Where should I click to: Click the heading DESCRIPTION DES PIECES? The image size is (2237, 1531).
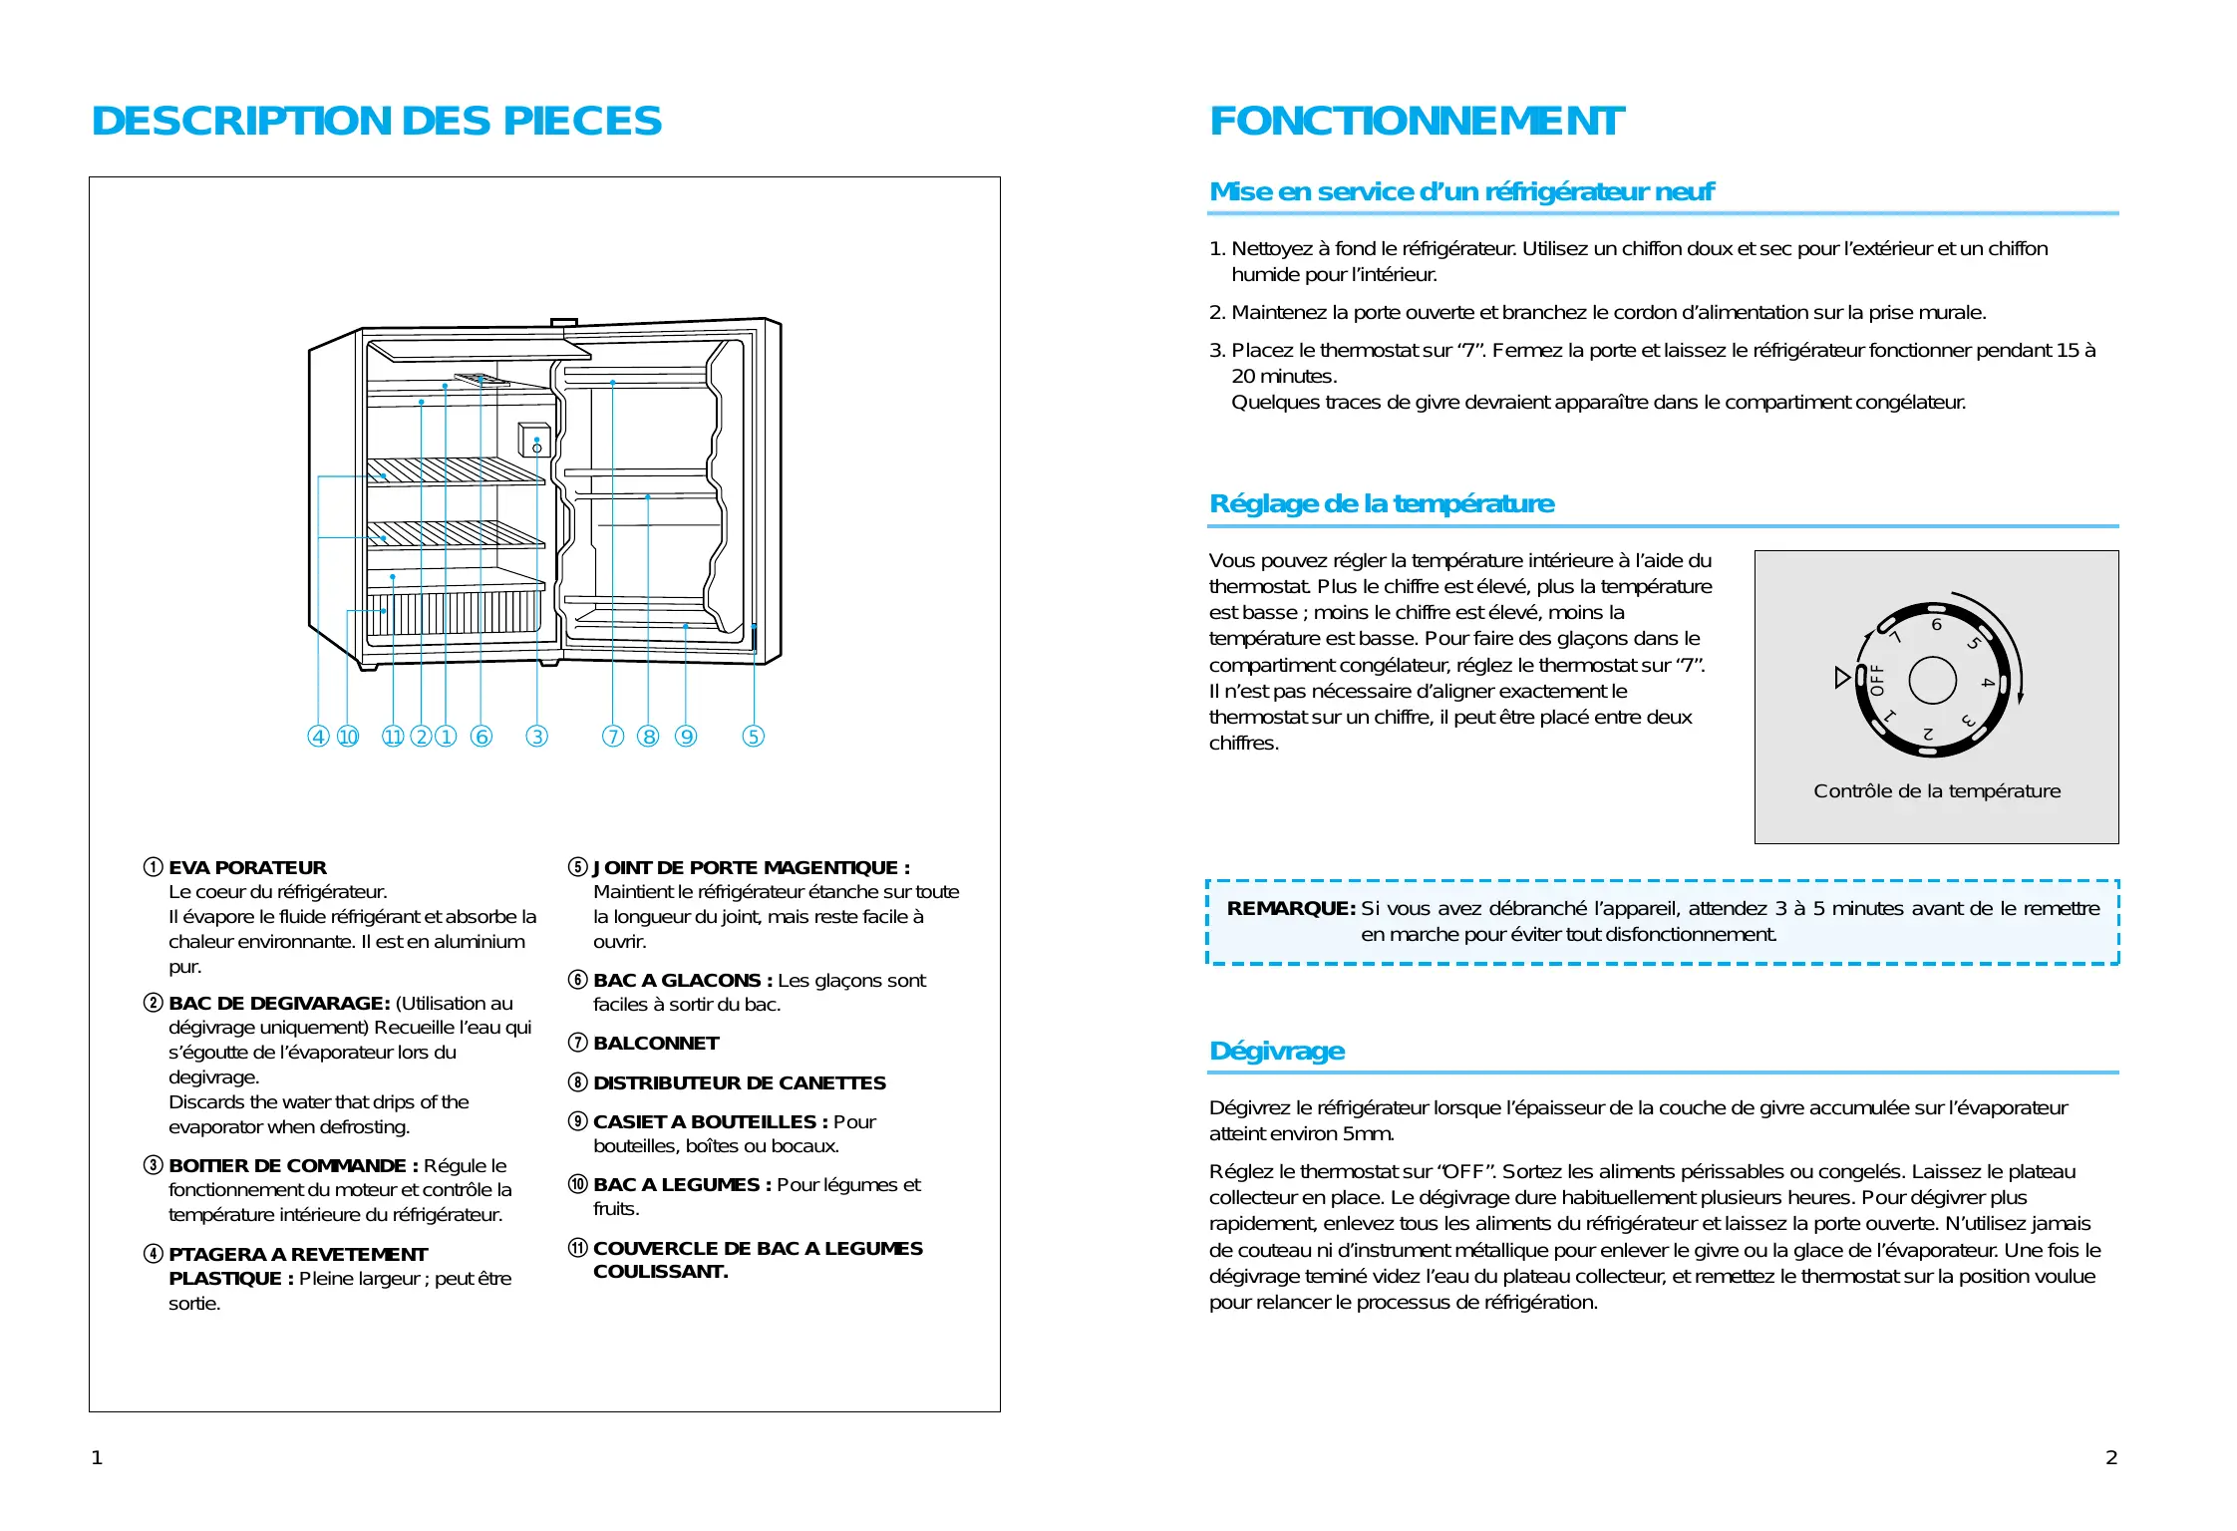click(376, 122)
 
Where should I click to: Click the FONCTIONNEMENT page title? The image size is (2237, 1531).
click(1416, 122)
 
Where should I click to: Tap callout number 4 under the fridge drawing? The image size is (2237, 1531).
click(318, 737)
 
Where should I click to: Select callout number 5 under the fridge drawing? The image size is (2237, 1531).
click(754, 737)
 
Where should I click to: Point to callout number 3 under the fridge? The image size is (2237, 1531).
click(537, 737)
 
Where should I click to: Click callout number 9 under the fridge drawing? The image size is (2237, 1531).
click(686, 737)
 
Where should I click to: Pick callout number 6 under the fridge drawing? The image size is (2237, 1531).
click(481, 737)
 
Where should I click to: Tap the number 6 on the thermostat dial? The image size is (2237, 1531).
click(1936, 625)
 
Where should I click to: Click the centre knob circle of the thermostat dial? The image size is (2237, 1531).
click(1932, 681)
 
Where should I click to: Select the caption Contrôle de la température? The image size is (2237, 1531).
click(1936, 791)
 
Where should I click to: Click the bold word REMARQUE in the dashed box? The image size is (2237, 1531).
click(1290, 909)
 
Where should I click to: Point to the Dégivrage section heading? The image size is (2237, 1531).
click(1276, 1052)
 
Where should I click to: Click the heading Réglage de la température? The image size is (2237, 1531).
click(1381, 504)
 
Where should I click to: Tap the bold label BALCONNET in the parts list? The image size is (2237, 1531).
click(656, 1044)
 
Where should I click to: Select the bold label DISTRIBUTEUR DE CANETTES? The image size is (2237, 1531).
click(739, 1083)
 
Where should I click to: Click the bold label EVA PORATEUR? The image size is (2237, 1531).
click(247, 868)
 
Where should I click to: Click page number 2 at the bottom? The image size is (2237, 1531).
click(2110, 1458)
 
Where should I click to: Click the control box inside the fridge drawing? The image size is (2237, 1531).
click(534, 441)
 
